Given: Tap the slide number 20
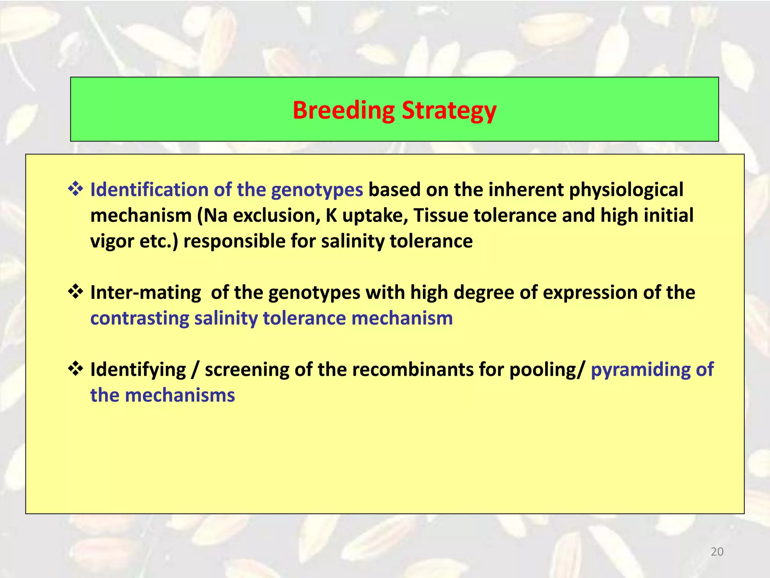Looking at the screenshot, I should (x=717, y=552).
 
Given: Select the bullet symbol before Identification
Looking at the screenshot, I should (x=75, y=189).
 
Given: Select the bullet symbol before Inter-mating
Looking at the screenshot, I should (x=75, y=292).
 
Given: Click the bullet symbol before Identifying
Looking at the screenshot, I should (x=75, y=369).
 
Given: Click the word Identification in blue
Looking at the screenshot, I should (x=149, y=189).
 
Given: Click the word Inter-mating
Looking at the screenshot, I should (x=146, y=293).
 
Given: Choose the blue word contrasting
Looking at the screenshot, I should (x=140, y=318).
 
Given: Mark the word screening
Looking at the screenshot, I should (x=247, y=370).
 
